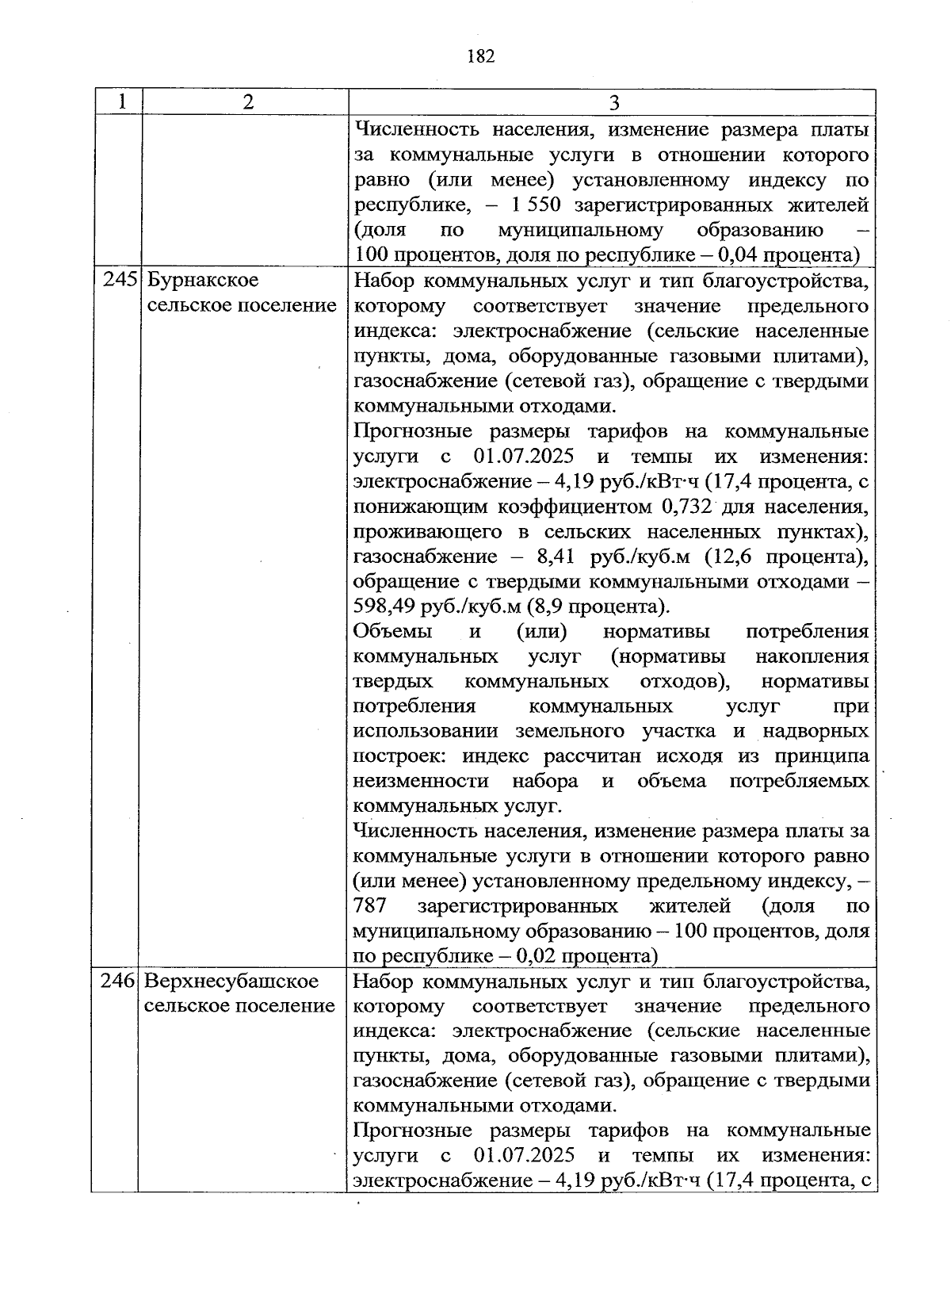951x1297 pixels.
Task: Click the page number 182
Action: click(x=481, y=55)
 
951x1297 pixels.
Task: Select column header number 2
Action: click(x=248, y=102)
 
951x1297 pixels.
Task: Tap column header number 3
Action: click(x=613, y=103)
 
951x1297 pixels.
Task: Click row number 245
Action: click(x=120, y=281)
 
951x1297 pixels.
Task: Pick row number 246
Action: click(x=119, y=981)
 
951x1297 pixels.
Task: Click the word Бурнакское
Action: click(x=204, y=281)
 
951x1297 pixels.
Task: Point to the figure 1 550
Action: click(x=537, y=205)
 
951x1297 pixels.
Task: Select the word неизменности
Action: click(x=421, y=781)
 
